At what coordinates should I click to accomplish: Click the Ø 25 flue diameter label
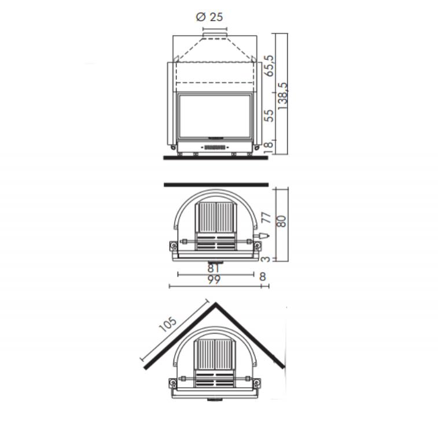209,17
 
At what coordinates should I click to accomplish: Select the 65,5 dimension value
268,66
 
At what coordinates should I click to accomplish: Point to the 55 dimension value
268,115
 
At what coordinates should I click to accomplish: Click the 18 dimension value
268,147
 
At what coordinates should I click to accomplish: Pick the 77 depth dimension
266,218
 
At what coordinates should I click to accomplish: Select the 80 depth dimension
282,221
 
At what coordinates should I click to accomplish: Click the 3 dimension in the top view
266,259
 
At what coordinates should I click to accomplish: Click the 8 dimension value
263,277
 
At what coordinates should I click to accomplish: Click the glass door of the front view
215,116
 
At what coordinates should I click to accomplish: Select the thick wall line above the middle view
216,185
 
